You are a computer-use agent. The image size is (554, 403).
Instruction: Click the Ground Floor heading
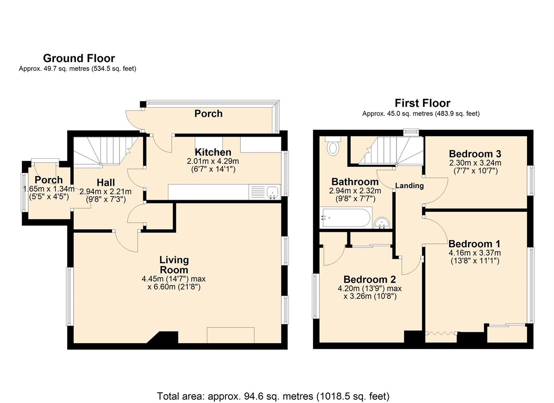(79, 58)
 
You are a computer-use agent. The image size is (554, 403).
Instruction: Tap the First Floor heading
(422, 103)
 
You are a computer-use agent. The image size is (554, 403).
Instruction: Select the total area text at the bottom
(273, 396)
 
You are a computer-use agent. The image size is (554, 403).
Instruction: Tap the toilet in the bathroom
(333, 146)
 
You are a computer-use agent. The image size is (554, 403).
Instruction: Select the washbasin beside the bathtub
(382, 223)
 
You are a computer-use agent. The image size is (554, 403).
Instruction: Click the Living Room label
(174, 265)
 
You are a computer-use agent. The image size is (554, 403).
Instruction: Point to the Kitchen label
(213, 152)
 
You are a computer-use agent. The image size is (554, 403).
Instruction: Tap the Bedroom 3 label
(475, 154)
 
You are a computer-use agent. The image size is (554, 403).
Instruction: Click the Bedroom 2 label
(369, 279)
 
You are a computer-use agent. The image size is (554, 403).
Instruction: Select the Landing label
(409, 185)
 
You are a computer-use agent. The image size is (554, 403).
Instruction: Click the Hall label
(106, 183)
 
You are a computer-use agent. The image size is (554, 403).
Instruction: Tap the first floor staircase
(392, 151)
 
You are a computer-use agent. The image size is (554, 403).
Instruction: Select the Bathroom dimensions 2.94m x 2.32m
(355, 191)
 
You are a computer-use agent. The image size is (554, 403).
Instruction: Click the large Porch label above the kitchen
(208, 113)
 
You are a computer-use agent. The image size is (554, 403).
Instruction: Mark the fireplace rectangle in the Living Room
(231, 335)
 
